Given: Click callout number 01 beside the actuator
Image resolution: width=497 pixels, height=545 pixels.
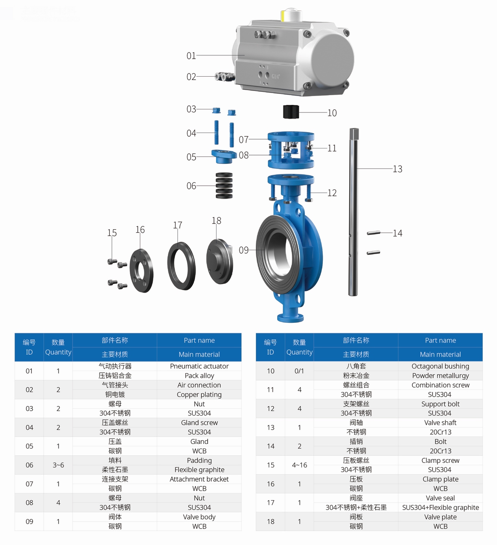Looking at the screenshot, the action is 191,56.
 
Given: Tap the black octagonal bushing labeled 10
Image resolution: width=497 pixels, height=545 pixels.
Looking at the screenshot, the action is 291,112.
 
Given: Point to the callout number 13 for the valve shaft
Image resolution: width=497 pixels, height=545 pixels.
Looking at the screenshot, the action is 397,169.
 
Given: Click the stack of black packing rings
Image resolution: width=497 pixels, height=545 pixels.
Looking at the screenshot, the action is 224,186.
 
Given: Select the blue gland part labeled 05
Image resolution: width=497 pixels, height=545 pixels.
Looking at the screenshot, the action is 224,156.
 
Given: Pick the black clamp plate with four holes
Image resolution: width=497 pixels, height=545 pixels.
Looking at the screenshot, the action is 141,270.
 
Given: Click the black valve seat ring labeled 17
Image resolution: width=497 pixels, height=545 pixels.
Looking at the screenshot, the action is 181,266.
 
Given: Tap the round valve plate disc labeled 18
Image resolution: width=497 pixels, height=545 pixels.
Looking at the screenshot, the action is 219,261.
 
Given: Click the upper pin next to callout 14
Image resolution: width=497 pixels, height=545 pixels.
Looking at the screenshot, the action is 373,233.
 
